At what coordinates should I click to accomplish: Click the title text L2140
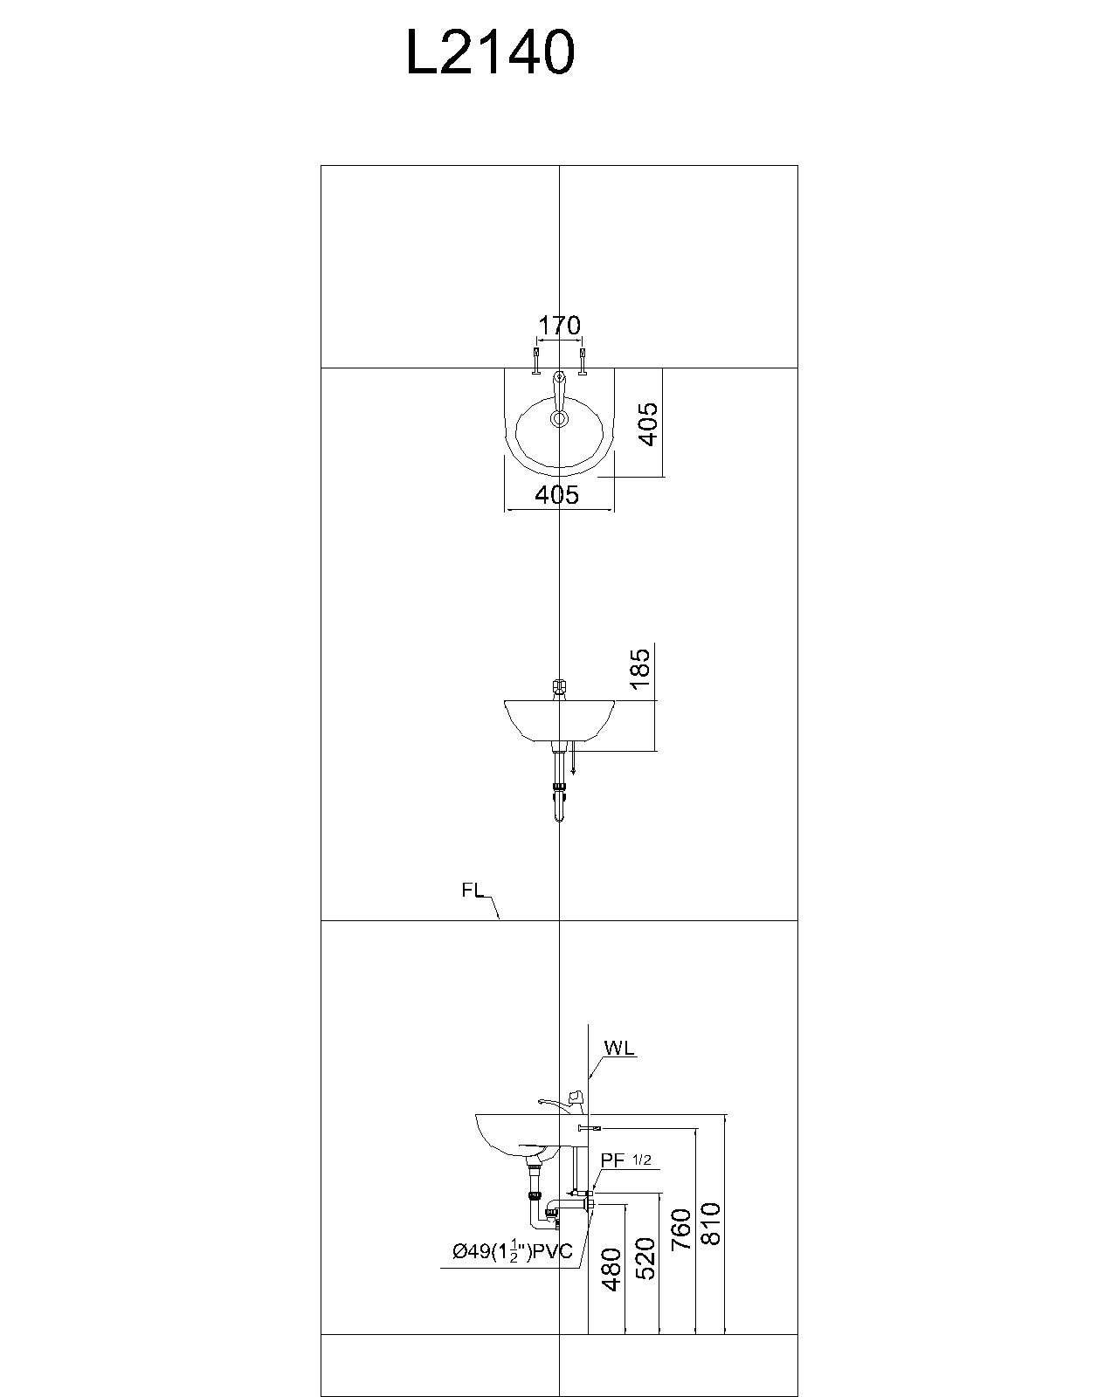click(x=490, y=52)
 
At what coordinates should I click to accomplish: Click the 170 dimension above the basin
click(x=559, y=326)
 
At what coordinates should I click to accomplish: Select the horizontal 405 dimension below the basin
click(x=557, y=495)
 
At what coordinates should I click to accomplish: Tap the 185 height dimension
click(x=641, y=668)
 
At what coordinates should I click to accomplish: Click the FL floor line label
click(x=473, y=891)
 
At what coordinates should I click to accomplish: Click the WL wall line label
click(x=618, y=1048)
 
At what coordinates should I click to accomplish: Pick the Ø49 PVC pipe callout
click(x=512, y=1251)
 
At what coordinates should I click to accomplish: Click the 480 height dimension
click(x=612, y=1270)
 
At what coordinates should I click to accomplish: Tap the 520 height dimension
click(x=645, y=1258)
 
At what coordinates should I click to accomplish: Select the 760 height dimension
click(x=682, y=1228)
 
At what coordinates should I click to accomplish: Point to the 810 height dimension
click(x=711, y=1222)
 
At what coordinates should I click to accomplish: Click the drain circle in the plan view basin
click(x=559, y=419)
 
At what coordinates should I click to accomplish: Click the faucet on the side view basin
click(x=559, y=1103)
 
